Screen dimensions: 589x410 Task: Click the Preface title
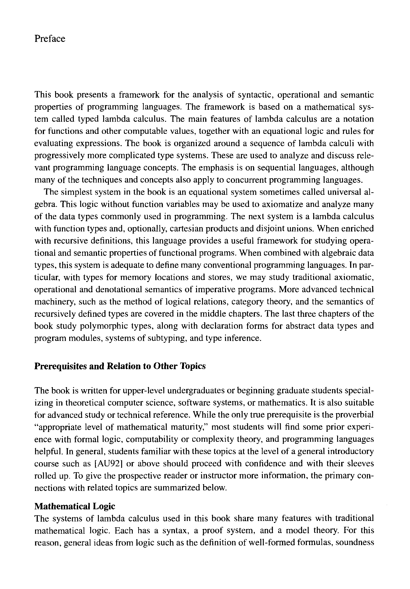point(50,39)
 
